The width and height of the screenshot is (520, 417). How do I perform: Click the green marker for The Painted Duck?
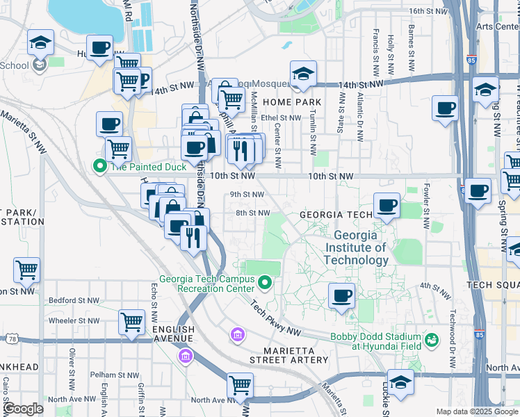tap(99, 166)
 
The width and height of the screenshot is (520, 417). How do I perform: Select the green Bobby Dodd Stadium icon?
tap(432, 340)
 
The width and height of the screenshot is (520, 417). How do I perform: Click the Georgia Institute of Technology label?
tap(356, 248)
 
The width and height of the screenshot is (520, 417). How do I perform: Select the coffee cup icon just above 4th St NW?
tap(341, 295)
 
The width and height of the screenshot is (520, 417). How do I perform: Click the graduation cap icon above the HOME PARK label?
tap(303, 73)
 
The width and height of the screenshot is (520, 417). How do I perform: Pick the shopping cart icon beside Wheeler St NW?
tap(131, 322)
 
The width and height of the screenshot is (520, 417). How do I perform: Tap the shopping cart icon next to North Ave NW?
tap(240, 384)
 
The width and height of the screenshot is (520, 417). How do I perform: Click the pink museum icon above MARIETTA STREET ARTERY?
tap(237, 336)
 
